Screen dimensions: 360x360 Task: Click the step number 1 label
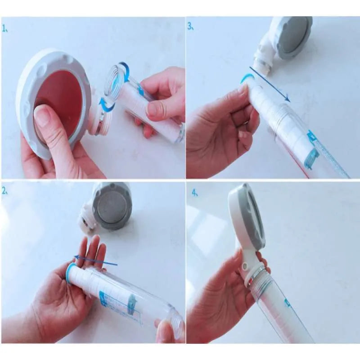click(5, 28)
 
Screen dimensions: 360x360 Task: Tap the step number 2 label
click(5, 192)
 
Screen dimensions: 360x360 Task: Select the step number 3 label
click(190, 26)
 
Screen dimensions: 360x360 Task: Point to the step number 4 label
click(194, 193)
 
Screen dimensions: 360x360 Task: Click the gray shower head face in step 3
click(293, 39)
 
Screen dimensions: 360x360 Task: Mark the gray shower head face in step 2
click(111, 207)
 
